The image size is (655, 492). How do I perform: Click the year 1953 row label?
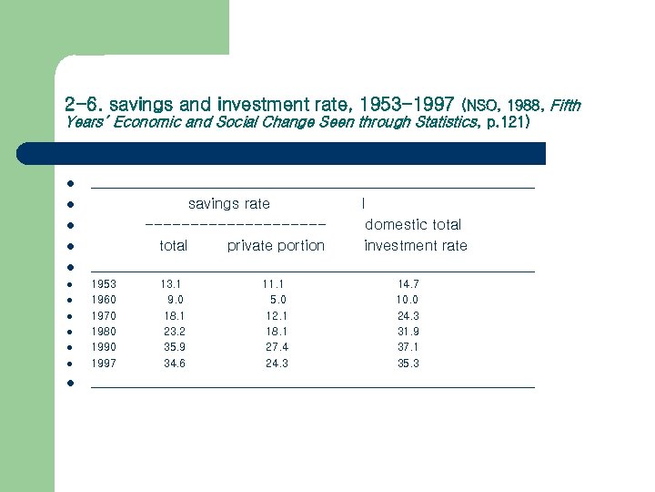pos(104,284)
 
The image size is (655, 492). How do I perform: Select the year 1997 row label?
pos(104,364)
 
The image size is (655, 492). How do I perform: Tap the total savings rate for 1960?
pos(176,300)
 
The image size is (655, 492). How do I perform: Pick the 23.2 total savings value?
pos(175,332)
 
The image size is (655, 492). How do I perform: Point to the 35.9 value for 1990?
pos(175,347)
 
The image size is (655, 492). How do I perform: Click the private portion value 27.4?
pos(277,347)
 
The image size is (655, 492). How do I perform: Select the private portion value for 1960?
pos(278,300)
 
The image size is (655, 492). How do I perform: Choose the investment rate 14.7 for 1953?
pos(408,284)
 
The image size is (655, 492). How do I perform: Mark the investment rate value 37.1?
pos(408,347)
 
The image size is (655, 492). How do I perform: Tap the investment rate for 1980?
pos(408,332)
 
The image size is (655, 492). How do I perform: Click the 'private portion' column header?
pos(276,245)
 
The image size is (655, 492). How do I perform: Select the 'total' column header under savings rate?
pos(173,245)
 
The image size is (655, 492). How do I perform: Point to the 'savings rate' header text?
pos(228,203)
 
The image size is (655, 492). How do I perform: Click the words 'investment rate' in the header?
pos(415,245)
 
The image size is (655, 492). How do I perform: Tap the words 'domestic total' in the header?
pos(413,224)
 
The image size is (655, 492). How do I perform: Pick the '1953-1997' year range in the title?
pos(407,104)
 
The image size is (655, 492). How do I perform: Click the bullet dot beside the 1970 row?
pos(69,316)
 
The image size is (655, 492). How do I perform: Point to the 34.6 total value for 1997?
pos(175,364)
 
